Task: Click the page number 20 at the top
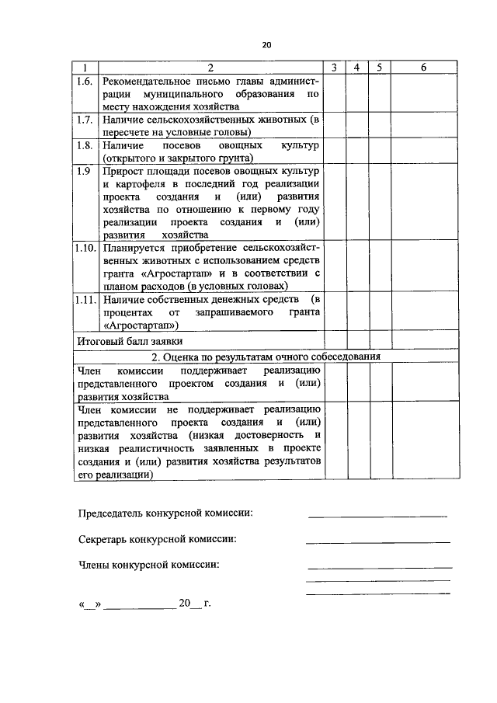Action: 266,46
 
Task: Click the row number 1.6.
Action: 86,81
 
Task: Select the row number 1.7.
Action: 86,120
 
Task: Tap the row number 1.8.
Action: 86,145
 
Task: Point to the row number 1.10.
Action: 86,248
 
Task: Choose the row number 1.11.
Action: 86,299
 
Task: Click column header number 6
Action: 424,68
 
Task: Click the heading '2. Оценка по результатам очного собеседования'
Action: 266,357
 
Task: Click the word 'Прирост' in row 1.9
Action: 121,171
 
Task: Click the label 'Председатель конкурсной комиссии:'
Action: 165,513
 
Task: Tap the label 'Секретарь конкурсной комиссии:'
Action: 158,539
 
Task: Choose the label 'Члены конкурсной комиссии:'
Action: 149,564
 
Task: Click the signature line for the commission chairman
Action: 377,516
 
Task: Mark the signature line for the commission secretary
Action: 377,541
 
